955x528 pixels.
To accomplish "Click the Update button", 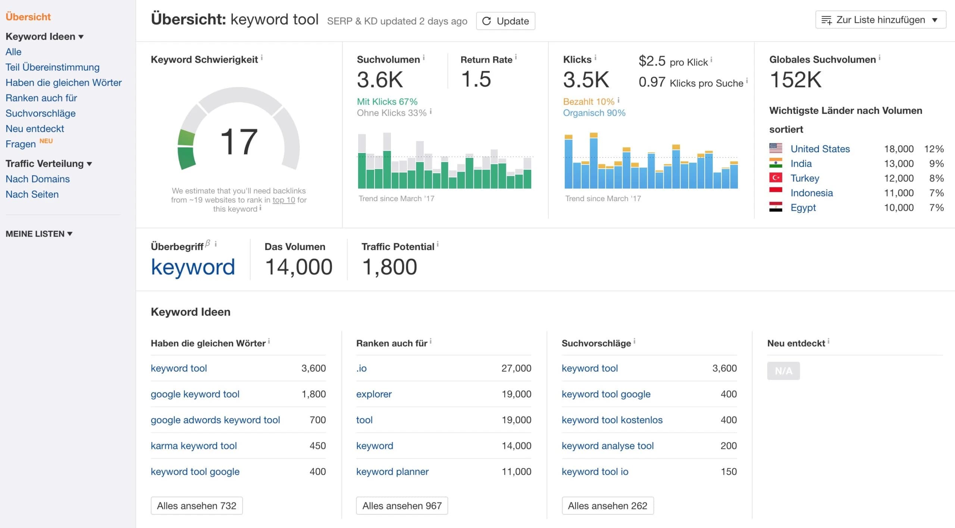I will [505, 21].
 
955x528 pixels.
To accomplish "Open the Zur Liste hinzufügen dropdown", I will [880, 20].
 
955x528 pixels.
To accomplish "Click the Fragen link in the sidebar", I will [21, 144].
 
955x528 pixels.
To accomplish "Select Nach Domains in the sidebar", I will [38, 179].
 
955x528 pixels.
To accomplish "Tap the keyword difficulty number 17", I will [239, 142].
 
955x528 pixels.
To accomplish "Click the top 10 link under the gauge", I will [284, 200].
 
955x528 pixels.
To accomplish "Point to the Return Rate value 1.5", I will [476, 79].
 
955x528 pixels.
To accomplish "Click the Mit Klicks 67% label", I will [387, 101].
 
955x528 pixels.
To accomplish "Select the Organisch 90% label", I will [594, 113].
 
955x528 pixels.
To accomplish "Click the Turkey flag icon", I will [776, 178].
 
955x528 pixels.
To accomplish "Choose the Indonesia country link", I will [811, 193].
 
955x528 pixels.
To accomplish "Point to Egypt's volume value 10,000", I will [898, 207].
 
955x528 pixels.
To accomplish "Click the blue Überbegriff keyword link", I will [193, 267].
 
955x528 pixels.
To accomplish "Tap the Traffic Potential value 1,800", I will [389, 267].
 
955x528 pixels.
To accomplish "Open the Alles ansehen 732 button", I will [197, 506].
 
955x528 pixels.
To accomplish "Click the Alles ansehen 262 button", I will [607, 506].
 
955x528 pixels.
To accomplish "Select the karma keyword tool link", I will [194, 446].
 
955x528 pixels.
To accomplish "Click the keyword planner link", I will [392, 472].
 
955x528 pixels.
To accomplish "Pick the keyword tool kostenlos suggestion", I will [612, 420].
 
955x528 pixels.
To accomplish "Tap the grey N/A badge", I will [783, 371].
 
